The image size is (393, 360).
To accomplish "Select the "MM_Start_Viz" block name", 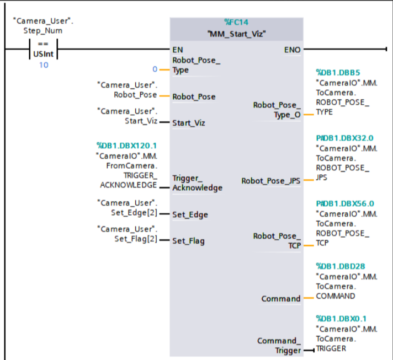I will coord(236,34).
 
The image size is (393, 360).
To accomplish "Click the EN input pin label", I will coord(178,50).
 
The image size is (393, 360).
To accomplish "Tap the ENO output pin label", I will coord(292,50).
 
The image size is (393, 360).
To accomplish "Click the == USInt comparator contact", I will coord(43,50).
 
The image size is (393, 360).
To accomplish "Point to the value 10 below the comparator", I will coord(43,65).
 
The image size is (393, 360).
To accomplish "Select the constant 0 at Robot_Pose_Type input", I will coord(155,69).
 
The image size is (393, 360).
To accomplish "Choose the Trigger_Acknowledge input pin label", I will coord(197,183).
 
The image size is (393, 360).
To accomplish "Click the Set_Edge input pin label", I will coord(190,214).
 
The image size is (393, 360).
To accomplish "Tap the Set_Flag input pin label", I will coord(189,241).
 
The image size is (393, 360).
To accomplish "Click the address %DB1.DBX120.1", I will coord(127,146).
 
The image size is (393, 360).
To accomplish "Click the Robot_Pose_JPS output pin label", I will coord(271,181).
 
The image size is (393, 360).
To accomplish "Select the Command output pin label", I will coord(281,299).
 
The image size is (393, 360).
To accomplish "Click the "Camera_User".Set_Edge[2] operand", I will coord(127,207).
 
